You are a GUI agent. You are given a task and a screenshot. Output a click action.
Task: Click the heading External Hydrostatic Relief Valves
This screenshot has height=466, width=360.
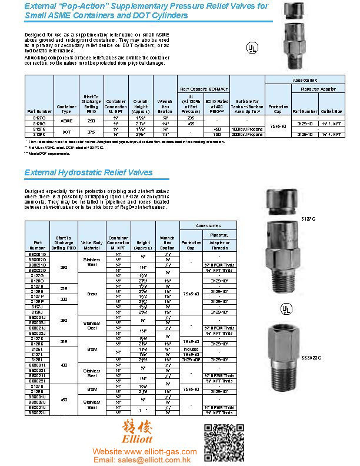(88, 172)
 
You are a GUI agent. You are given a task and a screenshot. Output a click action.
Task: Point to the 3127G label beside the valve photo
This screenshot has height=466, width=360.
(309, 218)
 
